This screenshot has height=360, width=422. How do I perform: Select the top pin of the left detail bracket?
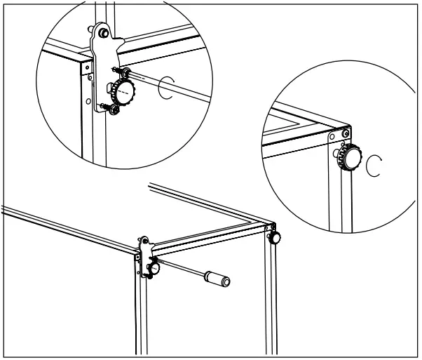[104, 32]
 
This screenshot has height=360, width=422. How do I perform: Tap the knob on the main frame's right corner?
[275, 239]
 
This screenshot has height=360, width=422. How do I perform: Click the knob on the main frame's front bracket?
[154, 267]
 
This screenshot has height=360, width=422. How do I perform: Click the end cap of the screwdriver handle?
[226, 282]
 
